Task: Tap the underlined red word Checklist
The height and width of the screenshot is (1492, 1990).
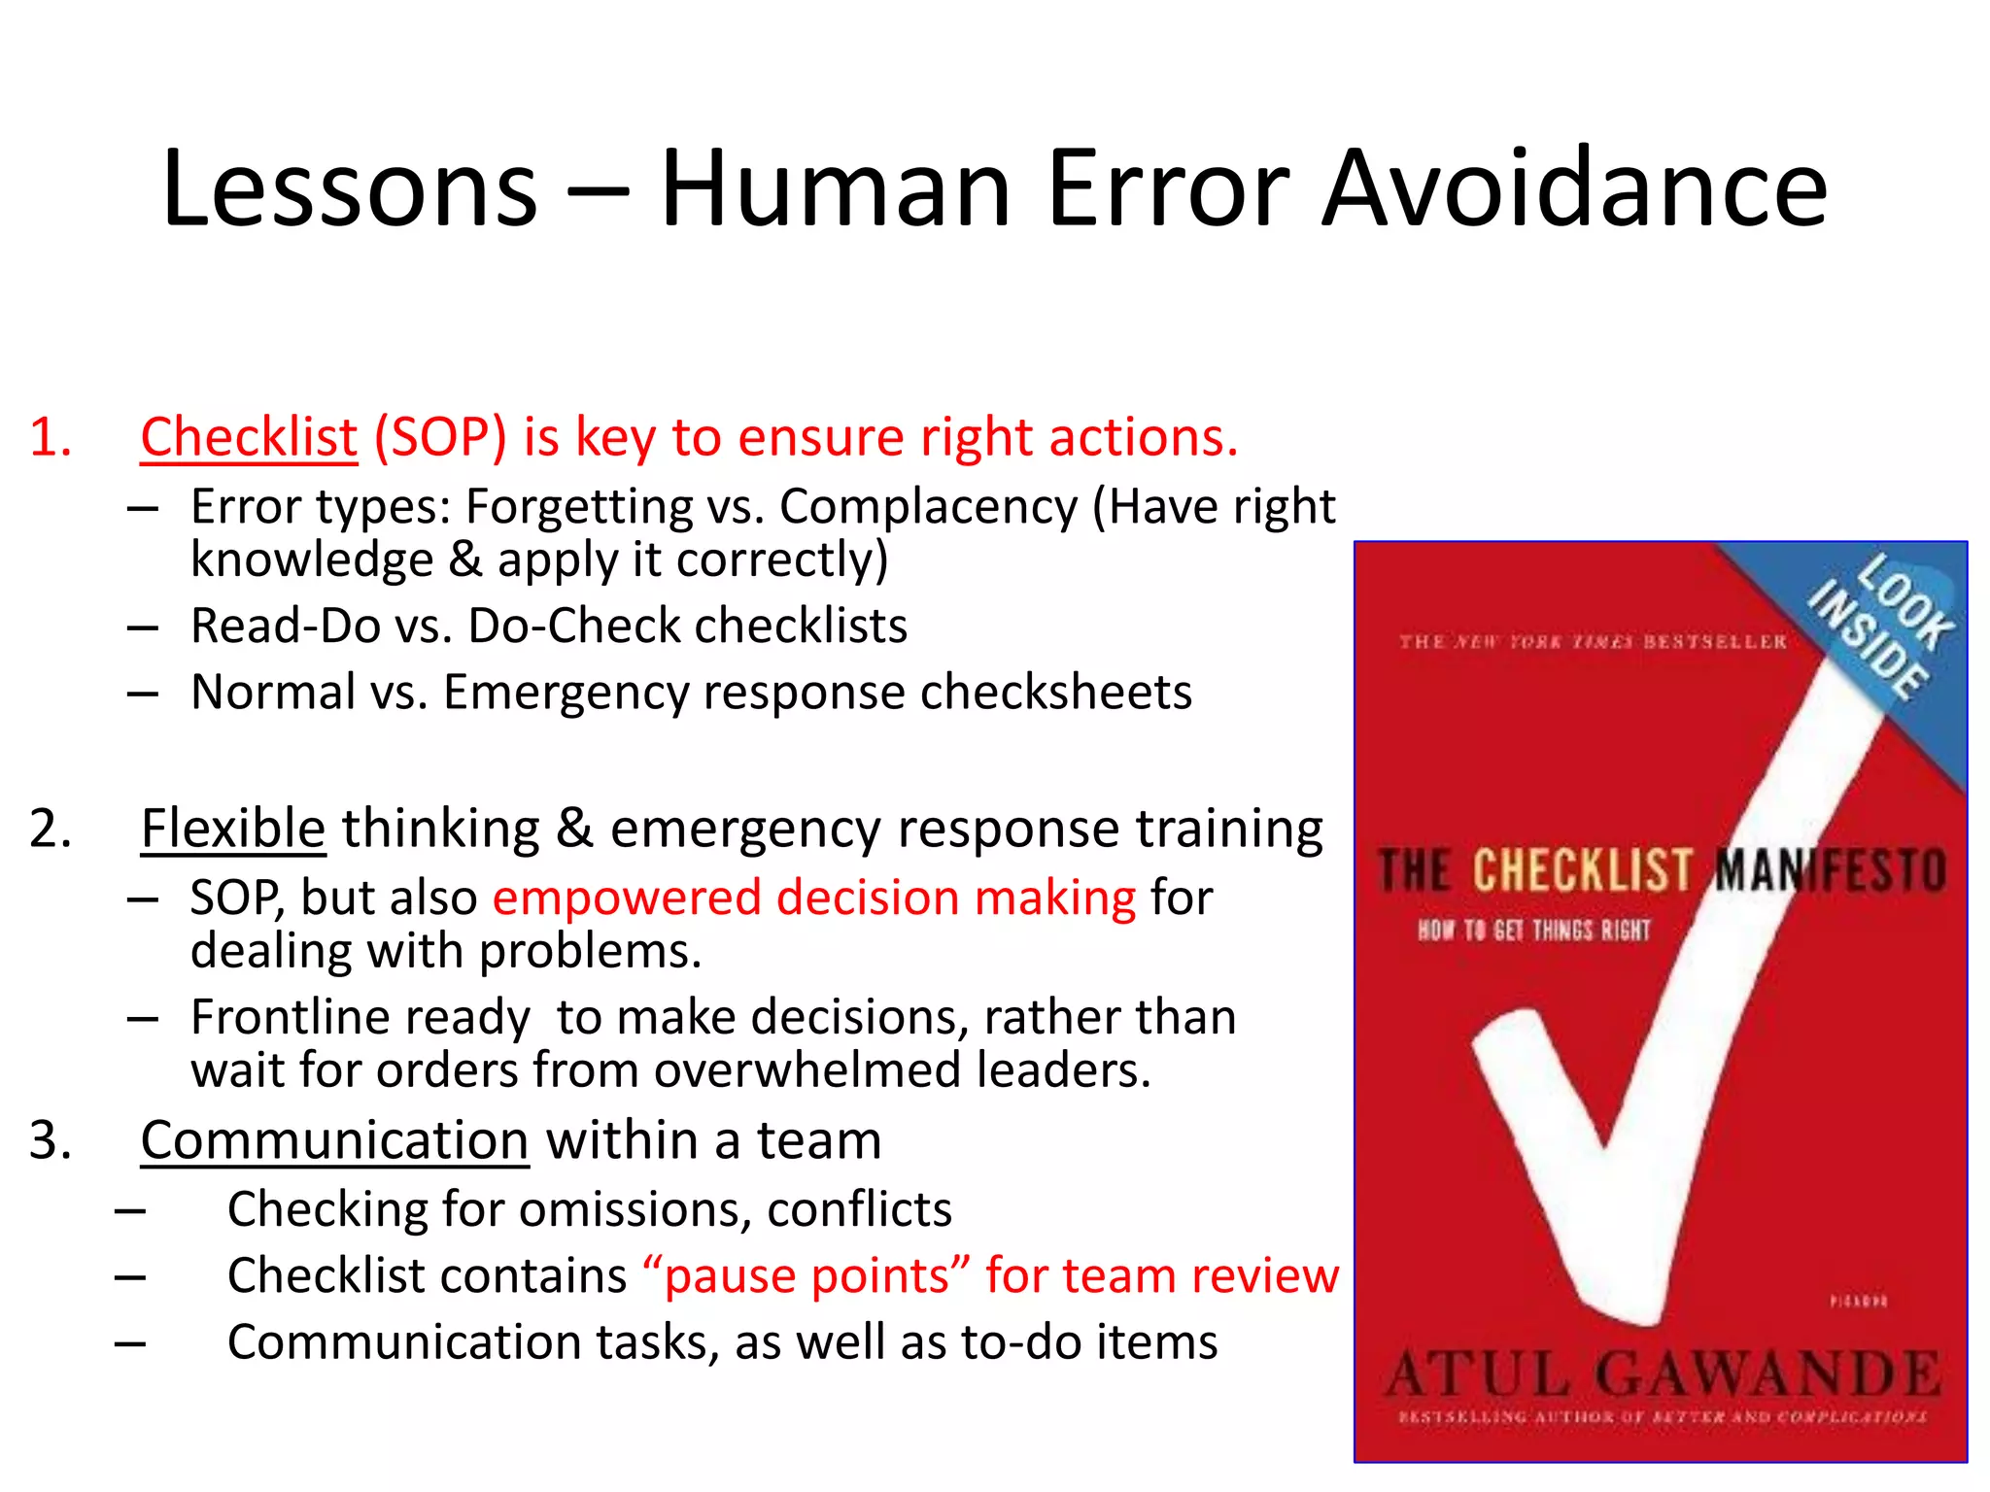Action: [249, 437]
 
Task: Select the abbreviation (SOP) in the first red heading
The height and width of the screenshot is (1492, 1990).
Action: [440, 437]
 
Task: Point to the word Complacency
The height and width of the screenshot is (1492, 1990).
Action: [928, 507]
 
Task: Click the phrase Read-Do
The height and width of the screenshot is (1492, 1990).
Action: [285, 626]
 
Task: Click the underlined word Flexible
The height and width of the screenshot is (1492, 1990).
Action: [233, 829]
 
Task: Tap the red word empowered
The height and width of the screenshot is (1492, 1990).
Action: [627, 898]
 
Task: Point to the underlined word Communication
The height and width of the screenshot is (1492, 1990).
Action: [334, 1139]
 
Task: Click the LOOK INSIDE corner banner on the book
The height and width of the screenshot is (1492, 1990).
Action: [1880, 627]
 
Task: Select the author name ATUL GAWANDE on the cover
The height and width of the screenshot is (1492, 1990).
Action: [1662, 1374]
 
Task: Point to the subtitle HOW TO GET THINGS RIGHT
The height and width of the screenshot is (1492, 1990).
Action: [1534, 931]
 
